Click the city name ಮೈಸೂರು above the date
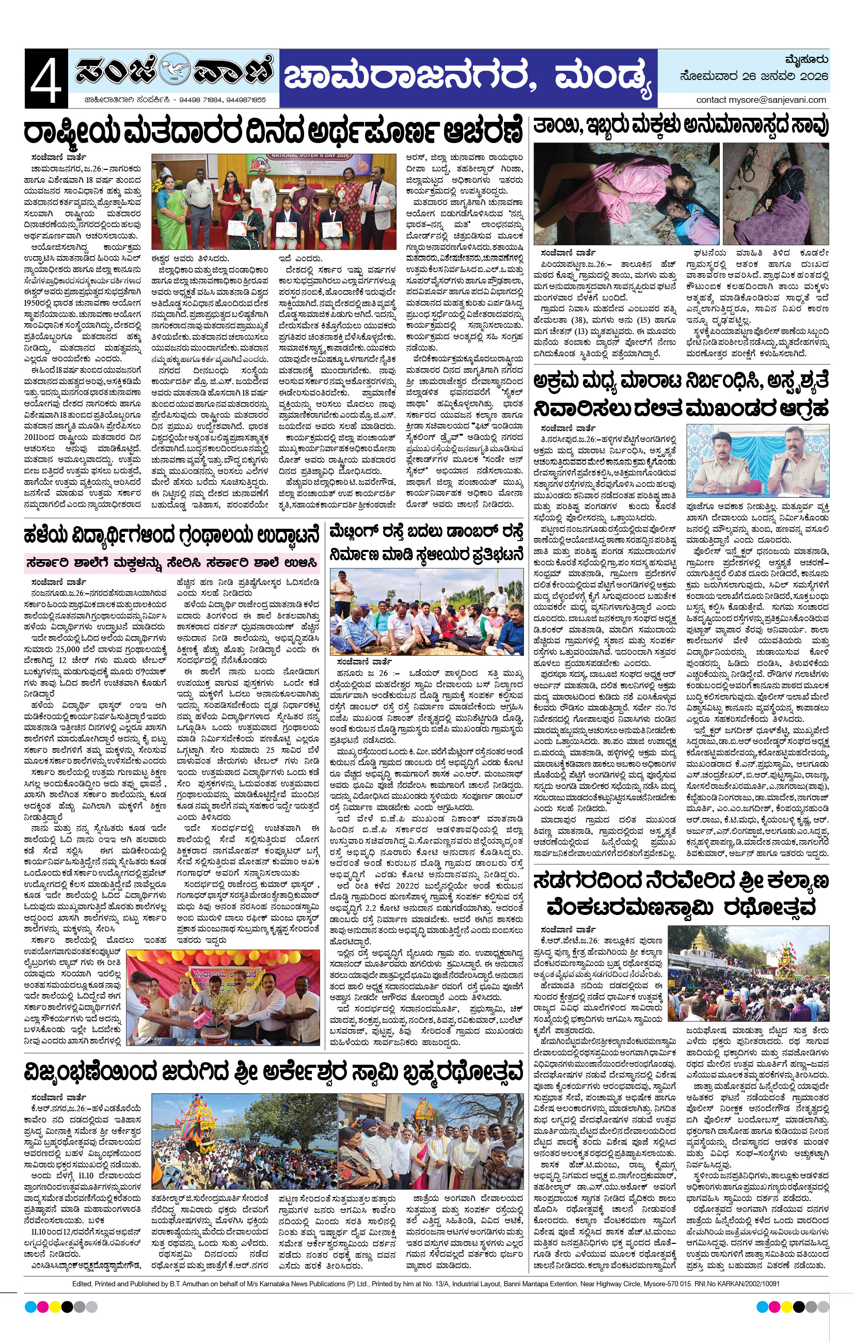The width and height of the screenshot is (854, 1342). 806,59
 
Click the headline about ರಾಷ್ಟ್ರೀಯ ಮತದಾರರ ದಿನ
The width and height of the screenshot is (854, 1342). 273,132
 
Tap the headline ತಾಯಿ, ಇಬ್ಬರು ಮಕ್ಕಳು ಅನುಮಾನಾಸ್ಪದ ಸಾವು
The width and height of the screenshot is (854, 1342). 681,126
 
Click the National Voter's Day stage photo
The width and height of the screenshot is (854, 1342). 274,201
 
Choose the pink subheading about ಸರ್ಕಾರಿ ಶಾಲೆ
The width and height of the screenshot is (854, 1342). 172,562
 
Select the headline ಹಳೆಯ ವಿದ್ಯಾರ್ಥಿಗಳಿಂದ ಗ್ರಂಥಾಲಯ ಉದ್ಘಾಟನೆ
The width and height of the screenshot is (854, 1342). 172,535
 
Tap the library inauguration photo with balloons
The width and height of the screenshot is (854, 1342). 224,997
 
